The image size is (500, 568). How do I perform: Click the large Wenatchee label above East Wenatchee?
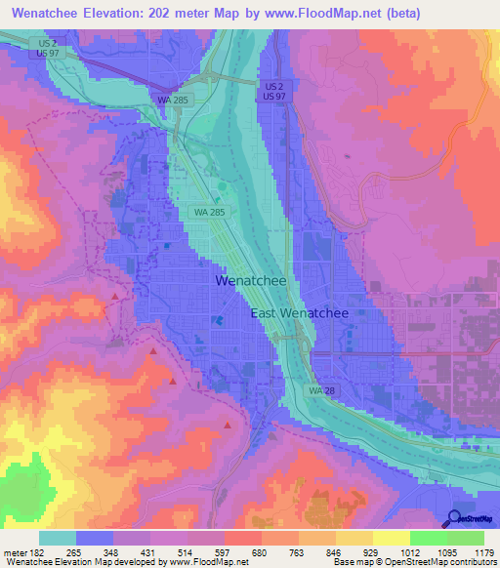click(x=250, y=281)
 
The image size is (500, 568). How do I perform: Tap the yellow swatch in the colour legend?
click(x=391, y=538)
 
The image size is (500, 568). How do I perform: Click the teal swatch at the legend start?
click(x=58, y=538)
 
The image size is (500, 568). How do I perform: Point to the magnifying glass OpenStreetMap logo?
click(x=454, y=517)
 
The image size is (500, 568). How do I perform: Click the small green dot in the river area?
click(x=222, y=185)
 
